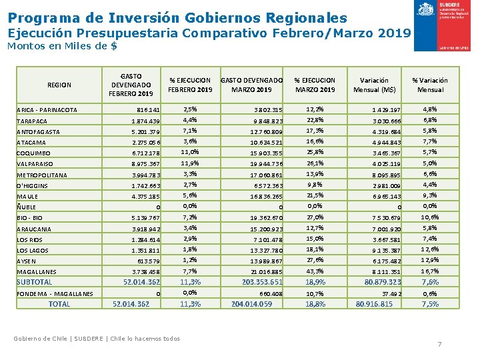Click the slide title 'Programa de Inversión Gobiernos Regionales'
(178, 17)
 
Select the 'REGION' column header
(59, 85)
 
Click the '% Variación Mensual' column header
(430, 85)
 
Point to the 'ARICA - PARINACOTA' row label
(47, 110)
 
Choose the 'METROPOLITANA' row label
(42, 175)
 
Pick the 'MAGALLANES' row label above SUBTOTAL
(37, 272)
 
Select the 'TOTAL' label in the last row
(59, 304)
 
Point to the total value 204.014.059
(251, 304)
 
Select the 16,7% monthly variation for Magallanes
(429, 271)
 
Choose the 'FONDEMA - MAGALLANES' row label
(55, 294)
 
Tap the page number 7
(439, 344)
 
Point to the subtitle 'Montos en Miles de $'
(62, 47)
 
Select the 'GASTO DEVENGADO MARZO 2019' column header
(251, 85)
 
